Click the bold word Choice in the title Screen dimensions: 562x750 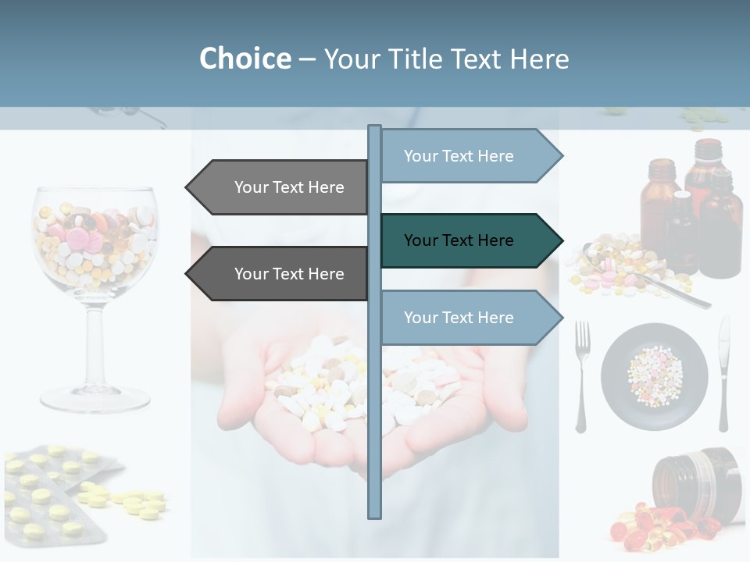[245, 59]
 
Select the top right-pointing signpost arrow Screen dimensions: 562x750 [469, 156]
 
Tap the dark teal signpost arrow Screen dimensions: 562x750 [469, 240]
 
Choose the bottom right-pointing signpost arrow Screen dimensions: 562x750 [469, 317]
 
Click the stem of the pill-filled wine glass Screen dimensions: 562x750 [95, 343]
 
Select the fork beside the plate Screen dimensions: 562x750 [582, 375]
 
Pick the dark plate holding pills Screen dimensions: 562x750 [655, 377]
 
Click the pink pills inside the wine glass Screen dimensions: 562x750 [78, 238]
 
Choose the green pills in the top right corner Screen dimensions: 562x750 [703, 118]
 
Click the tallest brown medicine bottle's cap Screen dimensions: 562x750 [709, 146]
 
